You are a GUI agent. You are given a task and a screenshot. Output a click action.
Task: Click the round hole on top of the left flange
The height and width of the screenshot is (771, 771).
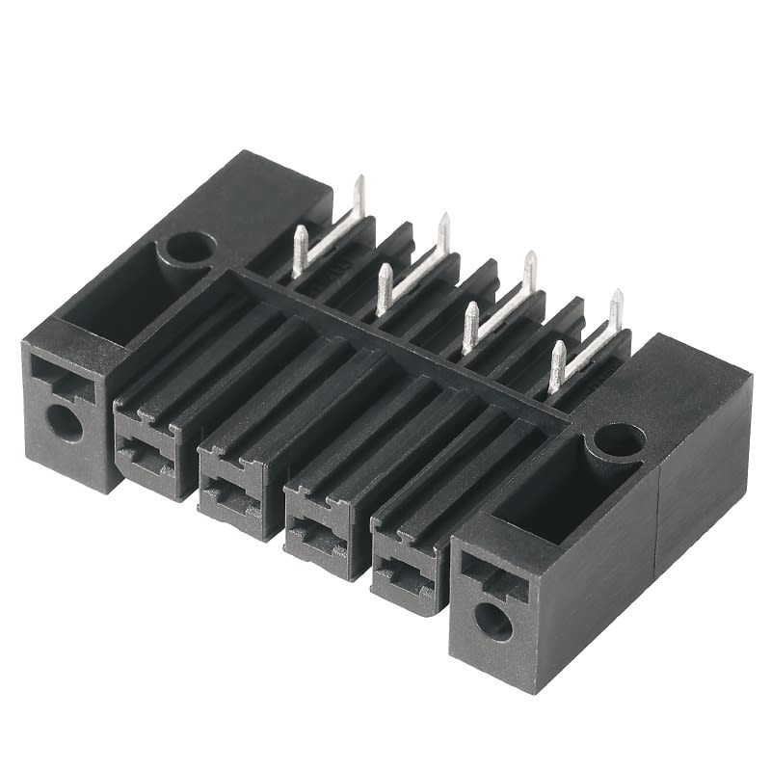(188, 249)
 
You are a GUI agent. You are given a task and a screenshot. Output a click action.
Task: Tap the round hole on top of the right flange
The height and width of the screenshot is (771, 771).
(618, 441)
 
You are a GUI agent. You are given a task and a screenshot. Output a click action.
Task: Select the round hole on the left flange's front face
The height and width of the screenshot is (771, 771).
(65, 422)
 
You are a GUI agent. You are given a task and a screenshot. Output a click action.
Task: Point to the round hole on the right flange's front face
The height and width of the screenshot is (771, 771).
(493, 622)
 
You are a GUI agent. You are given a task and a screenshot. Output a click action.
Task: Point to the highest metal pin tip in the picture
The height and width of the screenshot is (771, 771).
(359, 180)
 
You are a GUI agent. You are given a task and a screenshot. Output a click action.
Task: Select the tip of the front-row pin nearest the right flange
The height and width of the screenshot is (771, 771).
(557, 347)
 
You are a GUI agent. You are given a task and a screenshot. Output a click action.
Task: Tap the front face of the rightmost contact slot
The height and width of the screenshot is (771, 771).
(403, 564)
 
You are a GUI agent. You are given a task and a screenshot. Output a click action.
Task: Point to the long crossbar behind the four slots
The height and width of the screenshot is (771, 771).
(405, 347)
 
